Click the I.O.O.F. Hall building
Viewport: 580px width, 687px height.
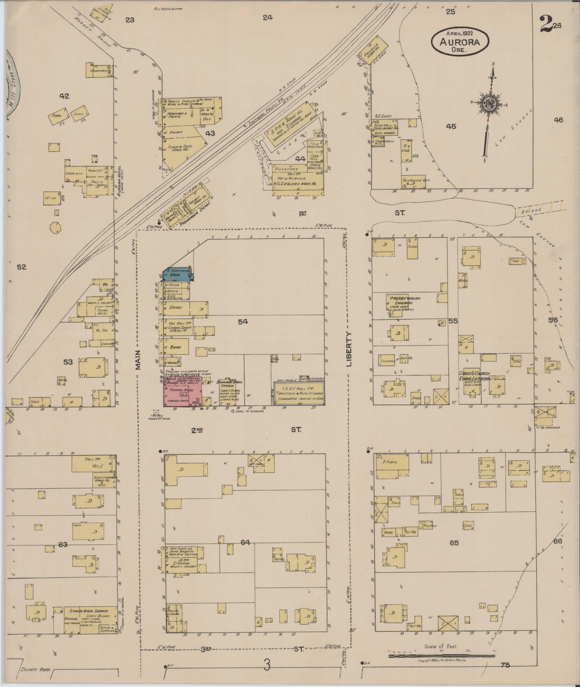299,393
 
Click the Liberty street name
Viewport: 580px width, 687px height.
350,348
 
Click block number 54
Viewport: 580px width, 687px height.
243,322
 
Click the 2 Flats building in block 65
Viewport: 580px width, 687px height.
392,466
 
